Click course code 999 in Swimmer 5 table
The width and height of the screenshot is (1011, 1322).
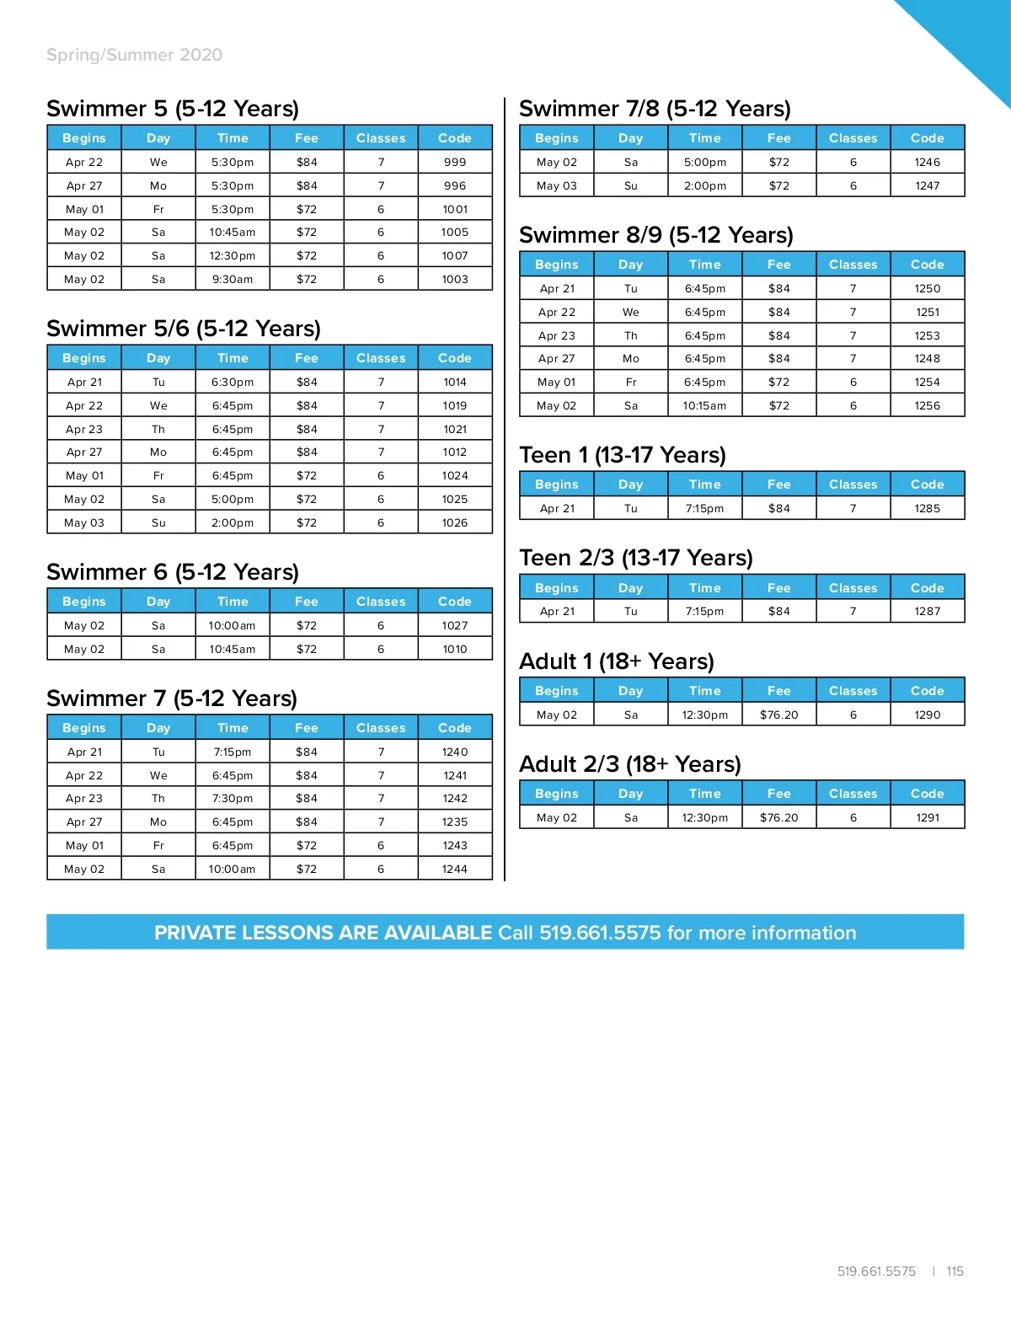pos(455,162)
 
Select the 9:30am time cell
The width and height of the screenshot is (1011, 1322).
pos(233,279)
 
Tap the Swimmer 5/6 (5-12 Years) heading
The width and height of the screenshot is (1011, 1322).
pos(184,329)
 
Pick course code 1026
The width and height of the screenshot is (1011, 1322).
pos(455,522)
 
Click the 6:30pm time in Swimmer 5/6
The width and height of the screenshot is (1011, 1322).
pos(233,382)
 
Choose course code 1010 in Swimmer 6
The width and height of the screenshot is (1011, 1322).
pos(455,649)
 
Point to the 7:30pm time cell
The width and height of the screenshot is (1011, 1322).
pos(233,798)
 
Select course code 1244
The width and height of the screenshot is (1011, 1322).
pos(455,869)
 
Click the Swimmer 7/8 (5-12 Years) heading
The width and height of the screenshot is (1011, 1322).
pos(655,109)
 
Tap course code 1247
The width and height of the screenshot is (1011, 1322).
pos(928,185)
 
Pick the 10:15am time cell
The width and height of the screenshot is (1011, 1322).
pos(704,405)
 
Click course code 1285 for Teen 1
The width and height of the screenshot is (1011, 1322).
pos(928,508)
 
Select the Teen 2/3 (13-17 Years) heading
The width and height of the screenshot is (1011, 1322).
pos(636,558)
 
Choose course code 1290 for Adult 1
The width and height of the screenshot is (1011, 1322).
pos(928,715)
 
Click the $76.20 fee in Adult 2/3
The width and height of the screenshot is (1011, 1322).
pos(778,817)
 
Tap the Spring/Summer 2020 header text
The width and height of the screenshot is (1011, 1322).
pos(134,55)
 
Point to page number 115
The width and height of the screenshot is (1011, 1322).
pos(955,1271)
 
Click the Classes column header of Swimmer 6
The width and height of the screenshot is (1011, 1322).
pos(381,602)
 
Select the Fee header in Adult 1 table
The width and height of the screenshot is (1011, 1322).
pos(778,691)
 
